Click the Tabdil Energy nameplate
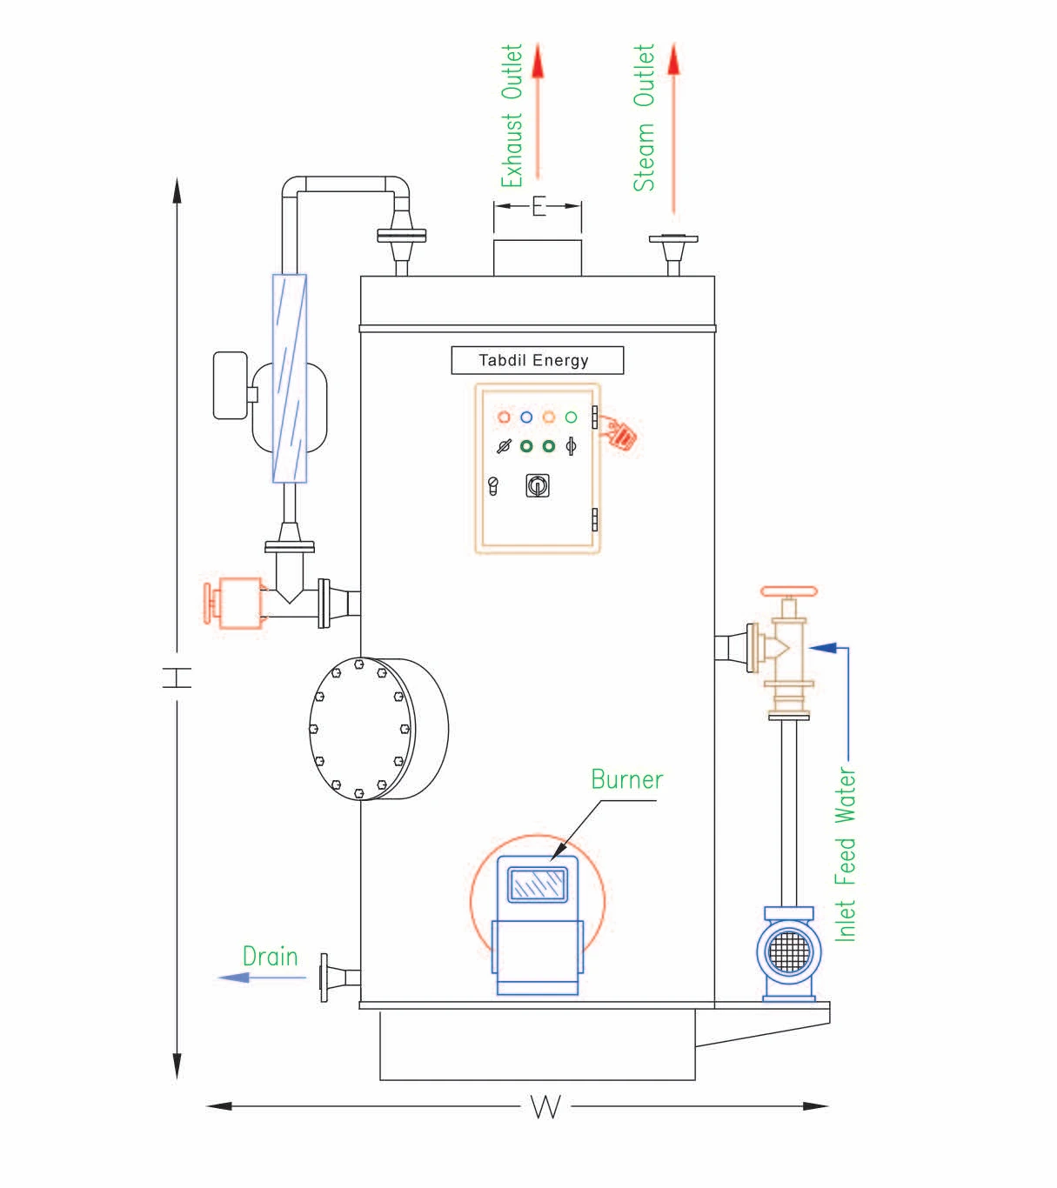pyautogui.click(x=538, y=360)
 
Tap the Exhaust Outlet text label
pyautogui.click(x=512, y=116)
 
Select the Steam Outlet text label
pyautogui.click(x=644, y=117)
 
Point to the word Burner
pyautogui.click(x=626, y=779)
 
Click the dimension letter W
pyautogui.click(x=545, y=1106)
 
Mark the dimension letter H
pyautogui.click(x=177, y=677)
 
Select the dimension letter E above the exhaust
pyautogui.click(x=539, y=206)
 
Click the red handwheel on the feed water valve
pyautogui.click(x=788, y=591)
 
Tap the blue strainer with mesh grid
pyautogui.click(x=789, y=953)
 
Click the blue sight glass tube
pyautogui.click(x=290, y=378)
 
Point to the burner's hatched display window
pyautogui.click(x=538, y=884)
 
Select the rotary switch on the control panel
pyautogui.click(x=538, y=485)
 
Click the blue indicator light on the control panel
pyautogui.click(x=526, y=417)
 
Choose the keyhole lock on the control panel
pyautogui.click(x=493, y=486)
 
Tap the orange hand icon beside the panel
pyautogui.click(x=619, y=433)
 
